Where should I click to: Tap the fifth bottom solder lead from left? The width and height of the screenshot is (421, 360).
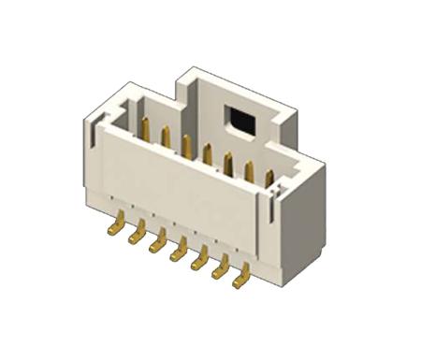200,259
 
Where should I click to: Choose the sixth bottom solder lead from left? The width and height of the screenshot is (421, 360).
222,266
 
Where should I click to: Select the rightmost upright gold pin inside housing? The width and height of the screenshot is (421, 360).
269,179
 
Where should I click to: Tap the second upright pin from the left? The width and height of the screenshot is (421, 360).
165,137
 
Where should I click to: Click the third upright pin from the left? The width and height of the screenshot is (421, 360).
186,146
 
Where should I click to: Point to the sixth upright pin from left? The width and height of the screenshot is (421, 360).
249,170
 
